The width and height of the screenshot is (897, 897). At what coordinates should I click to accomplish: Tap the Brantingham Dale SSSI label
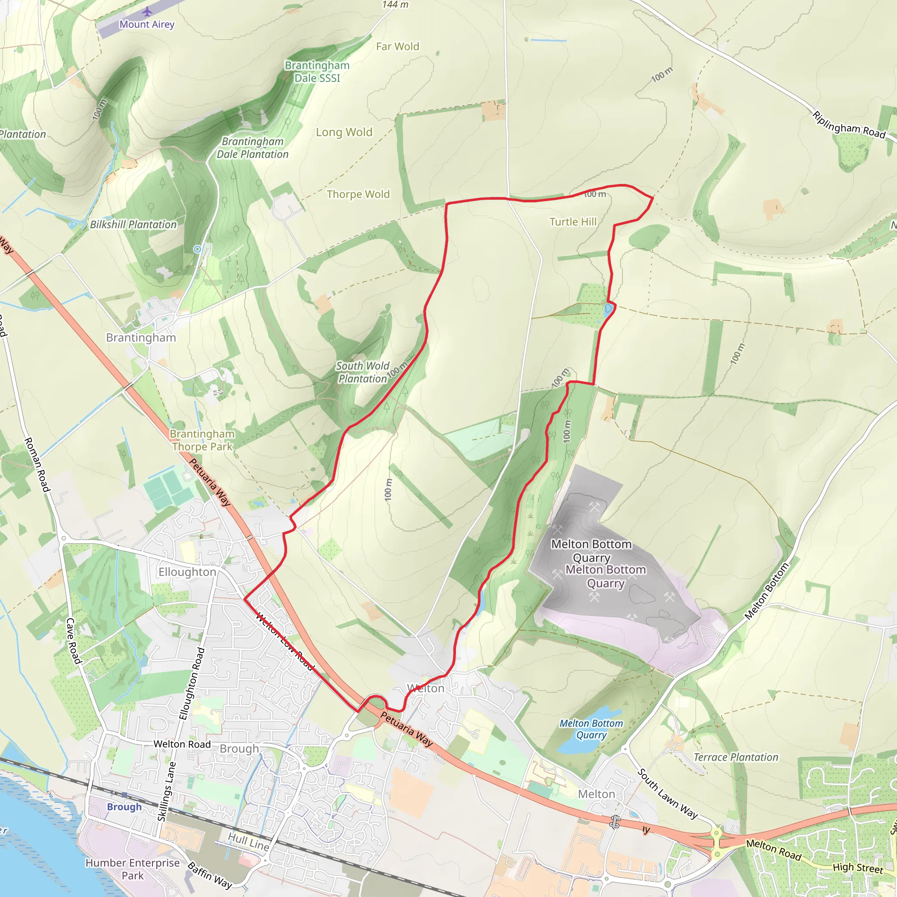pyautogui.click(x=317, y=72)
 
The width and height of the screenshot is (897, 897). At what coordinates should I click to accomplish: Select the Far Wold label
pyautogui.click(x=397, y=46)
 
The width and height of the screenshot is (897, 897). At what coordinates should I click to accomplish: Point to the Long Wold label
pyautogui.click(x=344, y=132)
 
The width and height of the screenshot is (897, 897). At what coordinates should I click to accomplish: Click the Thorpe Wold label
pyautogui.click(x=358, y=194)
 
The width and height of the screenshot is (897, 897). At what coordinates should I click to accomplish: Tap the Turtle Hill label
pyautogui.click(x=573, y=222)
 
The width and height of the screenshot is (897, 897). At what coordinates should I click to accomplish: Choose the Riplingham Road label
pyautogui.click(x=849, y=124)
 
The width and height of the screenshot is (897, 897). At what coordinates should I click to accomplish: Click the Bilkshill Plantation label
pyautogui.click(x=133, y=225)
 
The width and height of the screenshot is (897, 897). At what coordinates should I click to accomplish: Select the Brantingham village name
pyautogui.click(x=141, y=338)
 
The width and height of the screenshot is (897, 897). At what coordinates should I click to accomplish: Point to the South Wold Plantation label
pyautogui.click(x=363, y=372)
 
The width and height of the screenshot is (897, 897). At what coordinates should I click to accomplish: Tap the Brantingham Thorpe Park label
pyautogui.click(x=202, y=440)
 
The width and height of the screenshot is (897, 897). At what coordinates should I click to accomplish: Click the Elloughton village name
pyautogui.click(x=187, y=572)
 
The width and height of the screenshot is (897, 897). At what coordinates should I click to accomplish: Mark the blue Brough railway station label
pyautogui.click(x=124, y=806)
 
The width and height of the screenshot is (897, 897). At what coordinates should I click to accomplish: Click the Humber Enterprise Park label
pyautogui.click(x=132, y=869)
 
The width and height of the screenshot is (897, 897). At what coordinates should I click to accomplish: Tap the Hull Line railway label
pyautogui.click(x=248, y=842)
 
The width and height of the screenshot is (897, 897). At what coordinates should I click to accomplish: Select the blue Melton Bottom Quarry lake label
pyautogui.click(x=591, y=729)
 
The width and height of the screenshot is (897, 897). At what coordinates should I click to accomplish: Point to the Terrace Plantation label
pyautogui.click(x=736, y=757)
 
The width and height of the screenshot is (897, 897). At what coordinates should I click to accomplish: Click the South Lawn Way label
pyautogui.click(x=667, y=794)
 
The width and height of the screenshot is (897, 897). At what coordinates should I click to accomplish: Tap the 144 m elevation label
pyautogui.click(x=396, y=5)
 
